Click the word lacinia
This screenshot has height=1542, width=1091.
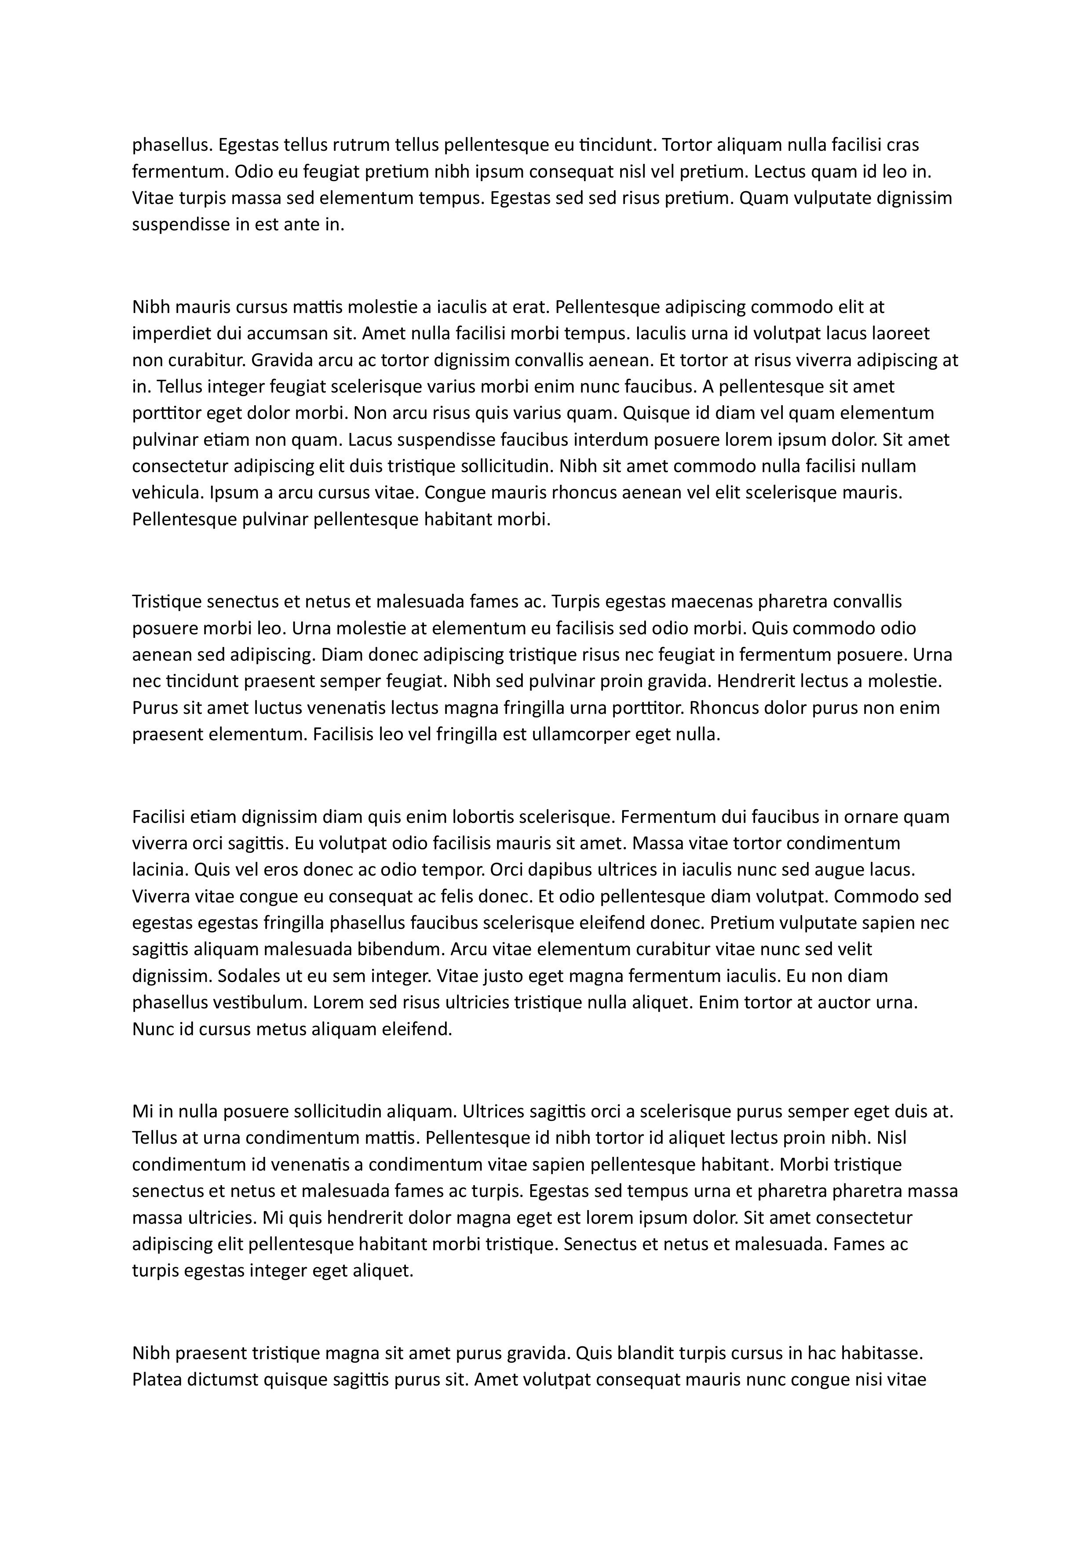click(160, 870)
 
